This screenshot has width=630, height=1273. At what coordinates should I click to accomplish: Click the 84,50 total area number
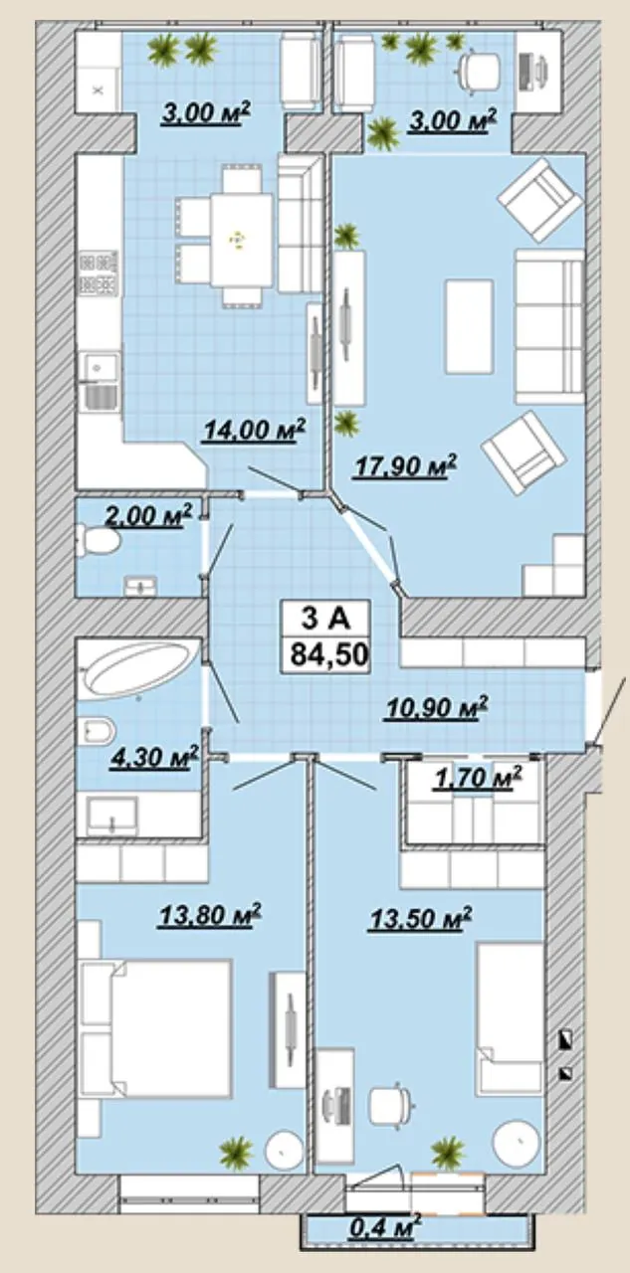coord(329,654)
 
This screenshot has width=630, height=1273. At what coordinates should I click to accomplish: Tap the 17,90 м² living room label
coord(404,466)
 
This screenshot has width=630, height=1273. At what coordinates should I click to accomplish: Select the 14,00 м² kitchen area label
coord(254,429)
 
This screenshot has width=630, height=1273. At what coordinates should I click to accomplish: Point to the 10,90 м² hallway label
coord(436,708)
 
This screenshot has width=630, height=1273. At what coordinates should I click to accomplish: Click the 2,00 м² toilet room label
coord(149,516)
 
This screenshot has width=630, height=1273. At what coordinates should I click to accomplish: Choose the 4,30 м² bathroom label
coord(154,758)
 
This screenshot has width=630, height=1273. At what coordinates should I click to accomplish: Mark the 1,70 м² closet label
coord(478,778)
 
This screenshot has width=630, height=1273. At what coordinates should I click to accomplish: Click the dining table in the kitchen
coord(241,240)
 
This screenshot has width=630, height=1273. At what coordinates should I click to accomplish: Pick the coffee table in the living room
coord(469,327)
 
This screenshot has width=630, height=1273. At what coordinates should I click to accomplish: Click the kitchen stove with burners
coord(101,273)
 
